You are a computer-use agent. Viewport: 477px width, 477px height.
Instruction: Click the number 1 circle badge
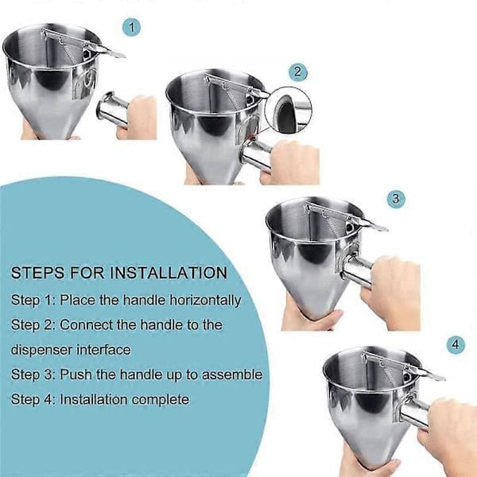[131, 27]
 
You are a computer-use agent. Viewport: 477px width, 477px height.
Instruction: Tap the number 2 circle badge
[297, 72]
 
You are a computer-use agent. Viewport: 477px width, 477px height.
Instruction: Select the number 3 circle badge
[396, 199]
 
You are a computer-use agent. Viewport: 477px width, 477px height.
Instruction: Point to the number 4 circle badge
[456, 345]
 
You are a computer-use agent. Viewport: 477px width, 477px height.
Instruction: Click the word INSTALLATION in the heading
[169, 273]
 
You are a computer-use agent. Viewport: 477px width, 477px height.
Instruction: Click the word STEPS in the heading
[38, 273]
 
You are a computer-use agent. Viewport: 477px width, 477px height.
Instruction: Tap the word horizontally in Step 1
[205, 301]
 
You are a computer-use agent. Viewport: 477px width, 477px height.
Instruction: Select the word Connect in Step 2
[87, 325]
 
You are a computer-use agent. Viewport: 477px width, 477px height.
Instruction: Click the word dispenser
[41, 350]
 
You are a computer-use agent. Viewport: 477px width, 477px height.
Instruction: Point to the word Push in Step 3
[76, 374]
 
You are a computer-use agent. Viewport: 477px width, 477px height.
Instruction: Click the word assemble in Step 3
[232, 374]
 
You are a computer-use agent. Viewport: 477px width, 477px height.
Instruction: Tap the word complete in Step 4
[161, 400]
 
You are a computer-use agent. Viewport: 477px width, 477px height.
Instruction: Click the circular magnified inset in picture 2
[289, 111]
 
